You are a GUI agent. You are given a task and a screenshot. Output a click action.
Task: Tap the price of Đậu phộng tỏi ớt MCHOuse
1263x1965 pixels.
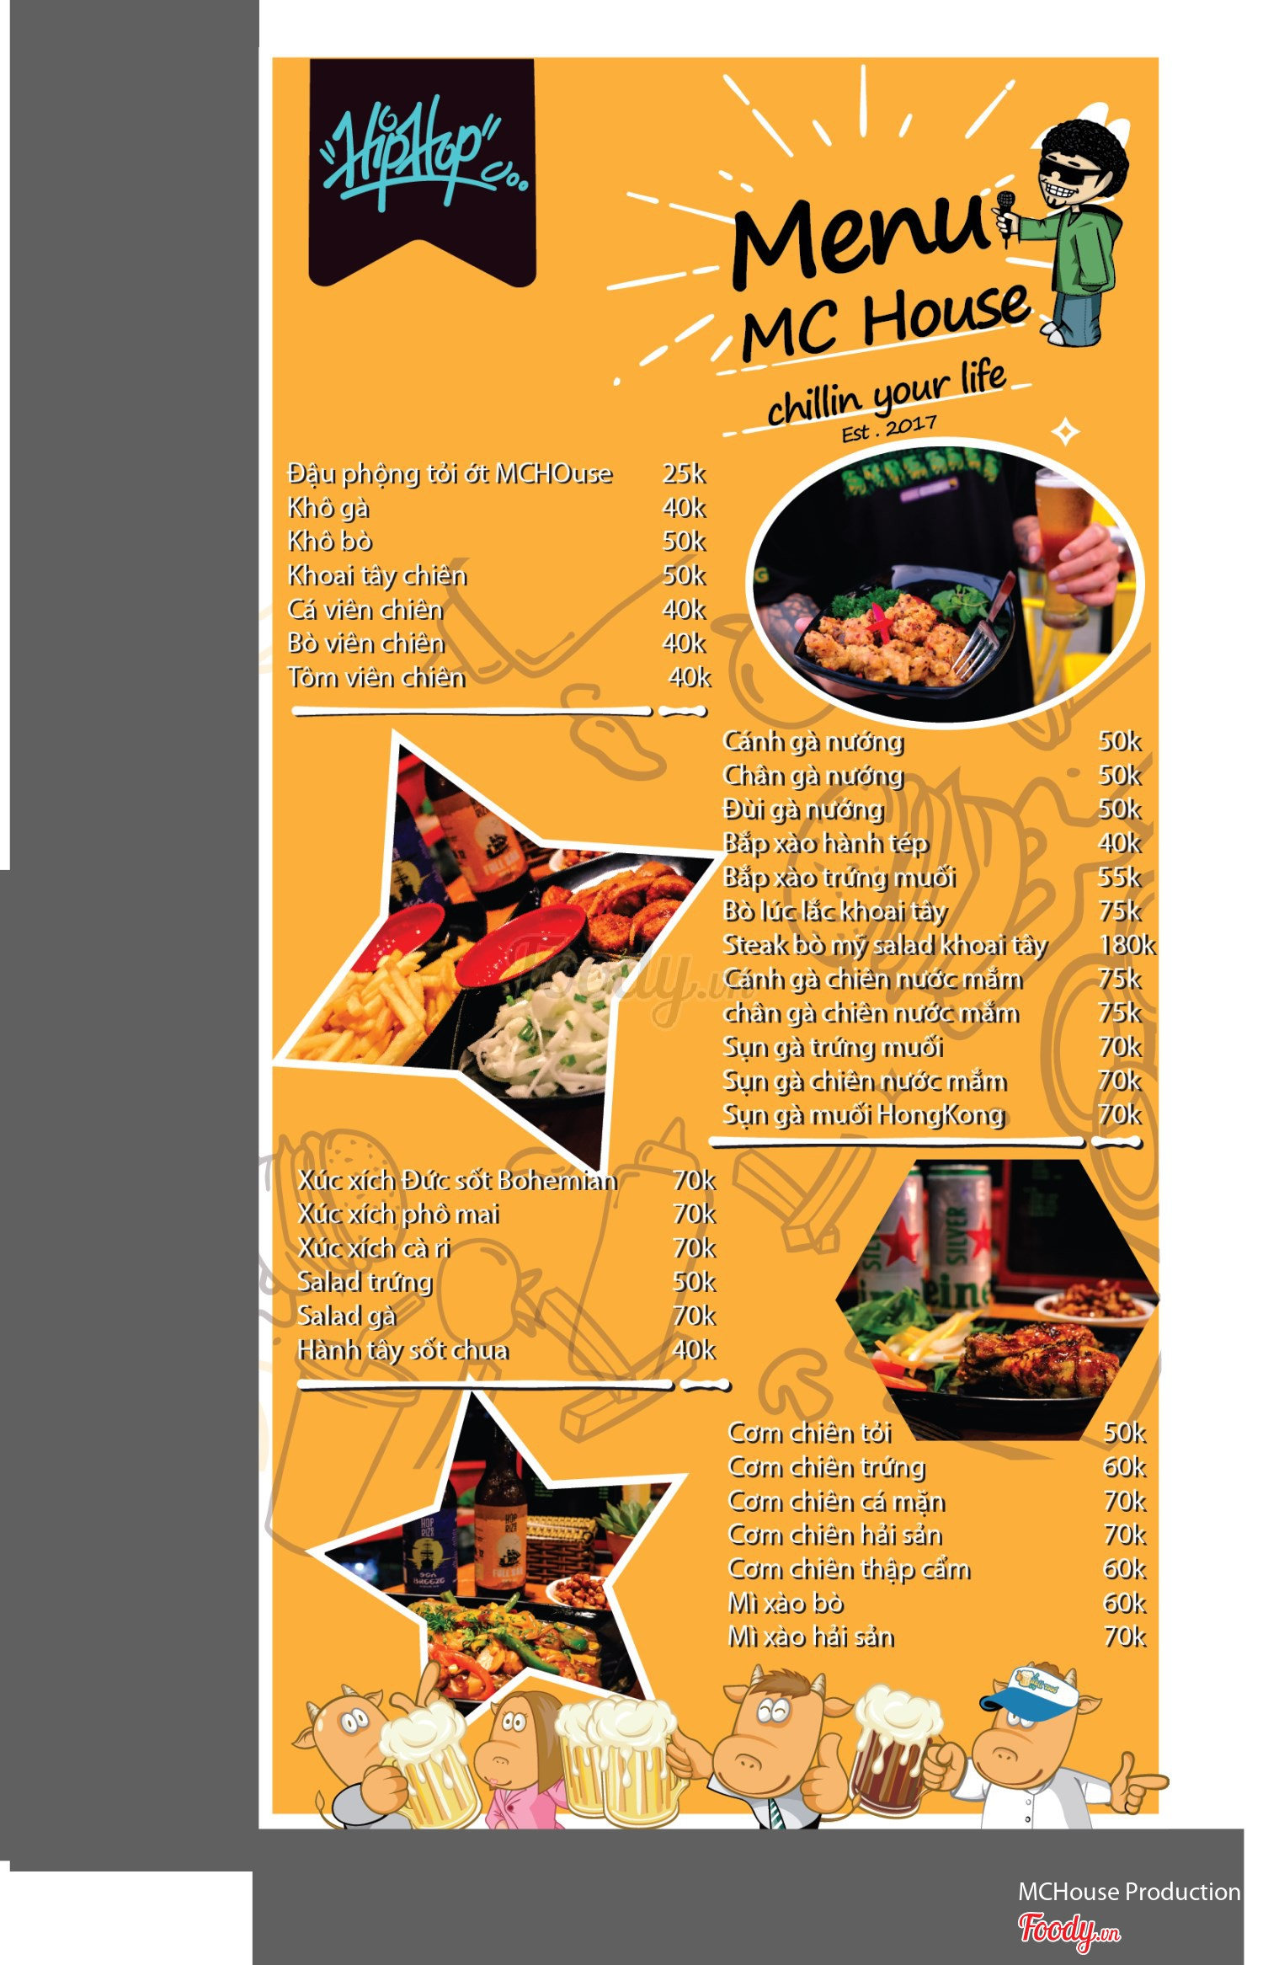click(x=684, y=473)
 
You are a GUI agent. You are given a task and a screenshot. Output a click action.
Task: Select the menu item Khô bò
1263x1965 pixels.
click(x=330, y=541)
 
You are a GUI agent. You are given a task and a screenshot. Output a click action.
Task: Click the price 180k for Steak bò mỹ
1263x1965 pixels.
click(x=1127, y=945)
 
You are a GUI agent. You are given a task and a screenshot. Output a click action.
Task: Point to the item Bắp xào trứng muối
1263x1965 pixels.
click(x=839, y=878)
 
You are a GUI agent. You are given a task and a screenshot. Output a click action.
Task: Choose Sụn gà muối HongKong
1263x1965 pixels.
click(x=864, y=1115)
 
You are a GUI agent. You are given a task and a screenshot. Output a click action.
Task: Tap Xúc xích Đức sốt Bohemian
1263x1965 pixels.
click(x=457, y=1180)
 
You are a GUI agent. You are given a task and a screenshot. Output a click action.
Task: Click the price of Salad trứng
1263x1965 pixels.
click(x=694, y=1282)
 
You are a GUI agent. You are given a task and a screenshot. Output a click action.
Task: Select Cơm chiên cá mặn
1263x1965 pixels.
click(x=837, y=1502)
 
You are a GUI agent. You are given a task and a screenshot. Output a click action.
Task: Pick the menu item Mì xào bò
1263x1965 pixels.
click(x=786, y=1604)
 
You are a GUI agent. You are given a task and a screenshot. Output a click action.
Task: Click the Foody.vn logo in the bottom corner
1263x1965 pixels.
click(x=1068, y=1930)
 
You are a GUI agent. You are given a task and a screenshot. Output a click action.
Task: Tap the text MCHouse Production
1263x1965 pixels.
click(x=1129, y=1892)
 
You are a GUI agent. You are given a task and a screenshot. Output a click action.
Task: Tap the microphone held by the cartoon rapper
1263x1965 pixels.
click(x=1005, y=217)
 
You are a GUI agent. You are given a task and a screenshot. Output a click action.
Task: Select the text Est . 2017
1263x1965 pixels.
click(x=889, y=429)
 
